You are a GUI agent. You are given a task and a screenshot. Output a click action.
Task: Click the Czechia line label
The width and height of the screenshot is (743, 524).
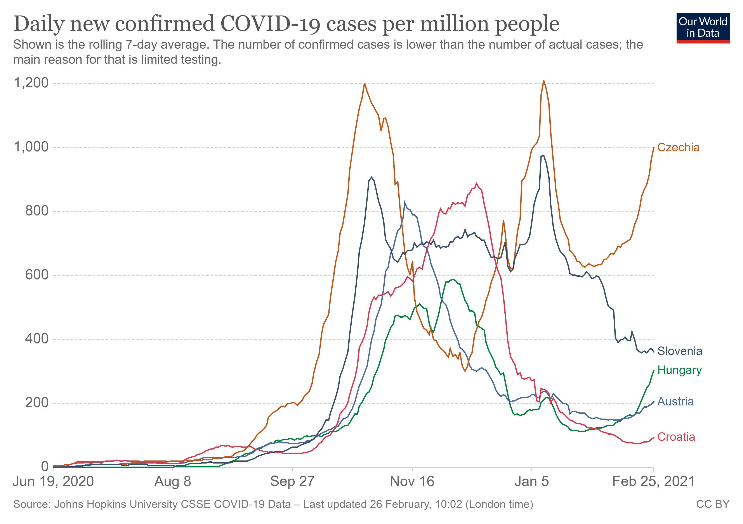click(x=678, y=147)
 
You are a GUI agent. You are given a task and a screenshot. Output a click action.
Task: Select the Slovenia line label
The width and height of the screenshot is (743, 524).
click(x=680, y=351)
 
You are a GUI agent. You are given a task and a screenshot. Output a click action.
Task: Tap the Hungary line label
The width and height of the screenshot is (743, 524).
click(x=679, y=370)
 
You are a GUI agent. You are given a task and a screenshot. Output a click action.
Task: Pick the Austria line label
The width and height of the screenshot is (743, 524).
click(x=675, y=402)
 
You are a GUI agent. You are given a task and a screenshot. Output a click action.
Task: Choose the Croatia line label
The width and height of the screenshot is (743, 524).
click(x=676, y=437)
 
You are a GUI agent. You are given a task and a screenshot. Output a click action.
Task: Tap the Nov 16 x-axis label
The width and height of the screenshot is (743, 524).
click(x=412, y=482)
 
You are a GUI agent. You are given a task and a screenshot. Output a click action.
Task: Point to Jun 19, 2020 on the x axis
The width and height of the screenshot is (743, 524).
click(x=53, y=482)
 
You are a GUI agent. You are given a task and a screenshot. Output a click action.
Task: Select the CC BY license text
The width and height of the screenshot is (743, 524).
click(x=713, y=504)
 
